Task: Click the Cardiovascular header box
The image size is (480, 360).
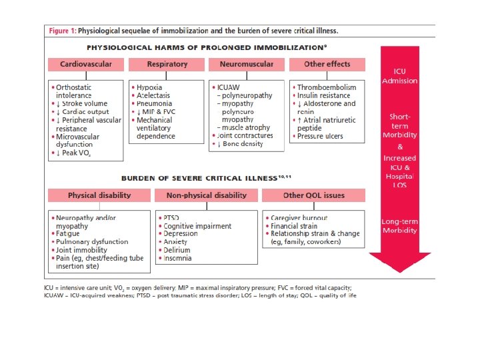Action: (x=85, y=65)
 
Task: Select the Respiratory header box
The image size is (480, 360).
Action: (x=166, y=65)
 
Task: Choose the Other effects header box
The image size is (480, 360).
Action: (x=327, y=65)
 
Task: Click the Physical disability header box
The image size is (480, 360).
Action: (x=99, y=195)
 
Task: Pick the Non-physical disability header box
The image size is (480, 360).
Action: (x=206, y=195)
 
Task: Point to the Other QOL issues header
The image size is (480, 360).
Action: (x=313, y=195)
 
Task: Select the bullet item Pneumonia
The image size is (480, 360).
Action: (x=153, y=103)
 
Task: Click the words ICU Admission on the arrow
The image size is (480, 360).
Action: (x=399, y=76)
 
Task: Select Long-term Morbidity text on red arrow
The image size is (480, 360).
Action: (x=399, y=226)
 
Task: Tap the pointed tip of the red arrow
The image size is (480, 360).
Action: (x=399, y=270)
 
